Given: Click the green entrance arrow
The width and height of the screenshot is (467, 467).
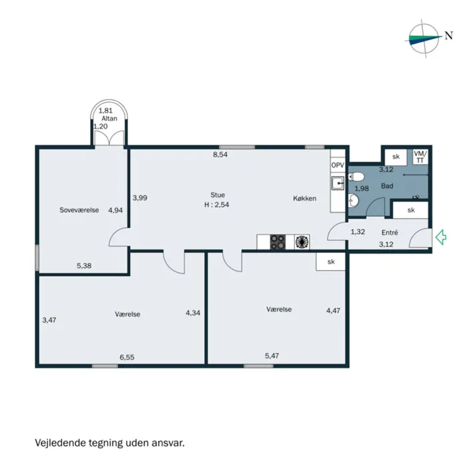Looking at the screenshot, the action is [x=441, y=237].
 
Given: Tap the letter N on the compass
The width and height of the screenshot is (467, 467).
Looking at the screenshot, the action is [x=448, y=35].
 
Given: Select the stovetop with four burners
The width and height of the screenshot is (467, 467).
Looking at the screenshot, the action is [x=278, y=242].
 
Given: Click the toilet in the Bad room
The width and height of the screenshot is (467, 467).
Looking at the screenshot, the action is [x=356, y=177].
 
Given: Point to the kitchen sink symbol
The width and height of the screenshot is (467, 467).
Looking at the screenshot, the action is [x=338, y=183].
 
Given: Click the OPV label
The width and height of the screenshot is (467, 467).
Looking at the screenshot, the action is [x=338, y=165].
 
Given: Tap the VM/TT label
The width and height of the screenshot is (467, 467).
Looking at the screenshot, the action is [x=420, y=157].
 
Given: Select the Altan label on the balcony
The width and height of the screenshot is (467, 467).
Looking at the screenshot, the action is [x=109, y=119].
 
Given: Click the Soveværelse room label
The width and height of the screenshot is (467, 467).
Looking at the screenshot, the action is [x=79, y=210].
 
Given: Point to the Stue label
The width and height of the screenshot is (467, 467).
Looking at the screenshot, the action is [x=217, y=195].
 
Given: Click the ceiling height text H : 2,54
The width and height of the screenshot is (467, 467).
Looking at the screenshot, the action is [x=217, y=205].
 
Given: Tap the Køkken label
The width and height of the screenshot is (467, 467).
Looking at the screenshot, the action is [x=304, y=198].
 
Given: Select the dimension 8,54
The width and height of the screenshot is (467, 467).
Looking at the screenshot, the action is [x=220, y=155].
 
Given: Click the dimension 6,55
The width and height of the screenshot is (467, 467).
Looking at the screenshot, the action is [x=127, y=357].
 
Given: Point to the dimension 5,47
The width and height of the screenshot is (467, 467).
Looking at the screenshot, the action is [x=272, y=356].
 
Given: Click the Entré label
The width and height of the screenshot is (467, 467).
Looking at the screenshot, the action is [x=390, y=232].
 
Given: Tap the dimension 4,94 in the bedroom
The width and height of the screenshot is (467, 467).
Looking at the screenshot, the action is [x=115, y=210].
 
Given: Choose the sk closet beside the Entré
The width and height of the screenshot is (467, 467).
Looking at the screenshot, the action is [x=411, y=210].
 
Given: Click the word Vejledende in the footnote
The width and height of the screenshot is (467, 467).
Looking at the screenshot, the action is [x=61, y=442].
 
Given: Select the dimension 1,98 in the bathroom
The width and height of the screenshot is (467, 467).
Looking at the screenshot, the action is [x=362, y=189].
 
